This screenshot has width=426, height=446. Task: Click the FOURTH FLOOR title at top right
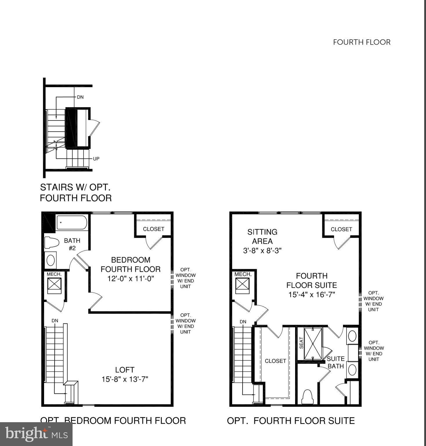(362, 42)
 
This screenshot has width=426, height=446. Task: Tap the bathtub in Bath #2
(71, 223)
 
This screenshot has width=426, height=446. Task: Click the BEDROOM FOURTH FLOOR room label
(131, 264)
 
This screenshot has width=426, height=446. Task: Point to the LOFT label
(125, 370)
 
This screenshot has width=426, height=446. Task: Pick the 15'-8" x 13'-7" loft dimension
(125, 379)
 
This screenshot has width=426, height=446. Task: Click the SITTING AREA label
(262, 236)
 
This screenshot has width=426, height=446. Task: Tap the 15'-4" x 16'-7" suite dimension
(312, 294)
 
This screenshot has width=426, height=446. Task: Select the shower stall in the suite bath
(313, 344)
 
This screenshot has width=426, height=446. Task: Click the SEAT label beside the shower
(301, 343)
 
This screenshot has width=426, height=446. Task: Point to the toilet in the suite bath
(307, 396)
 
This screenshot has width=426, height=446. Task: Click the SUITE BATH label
(336, 362)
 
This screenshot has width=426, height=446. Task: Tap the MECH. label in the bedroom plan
(54, 274)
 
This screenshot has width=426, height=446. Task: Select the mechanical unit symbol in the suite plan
(242, 284)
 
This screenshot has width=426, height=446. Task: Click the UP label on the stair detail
(96, 159)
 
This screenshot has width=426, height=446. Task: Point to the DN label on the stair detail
(80, 97)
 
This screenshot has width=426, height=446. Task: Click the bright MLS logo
(36, 434)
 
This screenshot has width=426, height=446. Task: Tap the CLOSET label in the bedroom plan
(154, 229)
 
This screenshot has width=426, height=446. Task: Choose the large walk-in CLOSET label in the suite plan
(275, 361)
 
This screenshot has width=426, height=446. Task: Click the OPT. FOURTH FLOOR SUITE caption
(291, 421)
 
